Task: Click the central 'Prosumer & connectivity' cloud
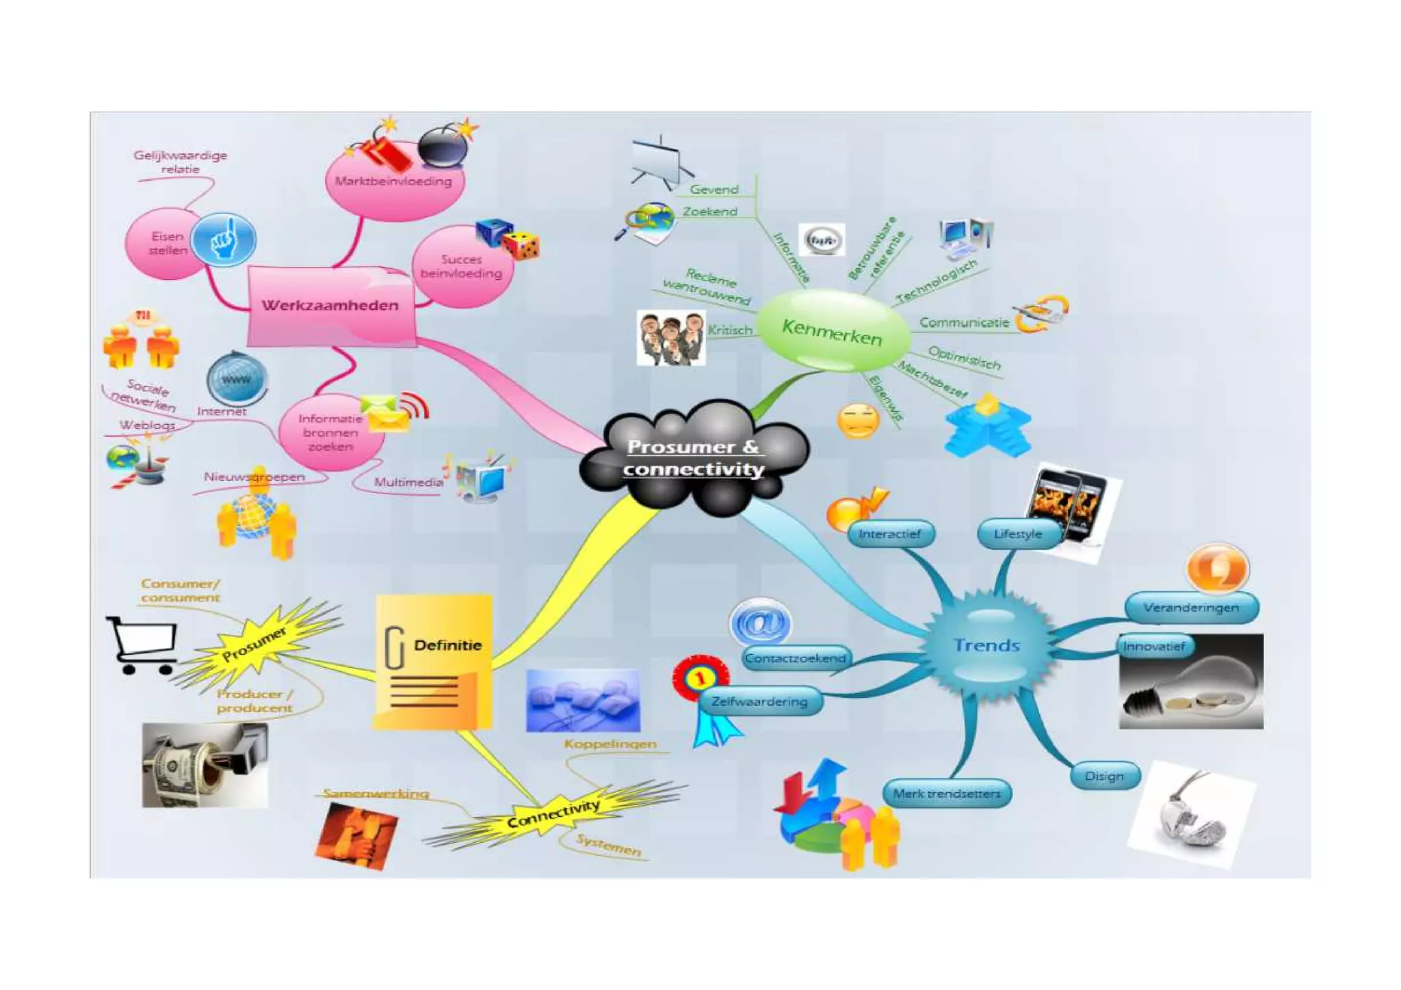click(x=694, y=457)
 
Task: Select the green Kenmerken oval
click(x=832, y=332)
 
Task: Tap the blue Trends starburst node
click(x=986, y=645)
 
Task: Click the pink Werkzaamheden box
click(x=331, y=306)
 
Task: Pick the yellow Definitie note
click(x=434, y=661)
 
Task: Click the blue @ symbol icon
click(x=760, y=623)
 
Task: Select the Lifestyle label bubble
click(x=1018, y=534)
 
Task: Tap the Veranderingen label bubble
click(x=1191, y=608)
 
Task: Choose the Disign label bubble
click(x=1104, y=776)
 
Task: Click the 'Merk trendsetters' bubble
click(x=947, y=794)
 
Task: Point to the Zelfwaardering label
click(x=759, y=701)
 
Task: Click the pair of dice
click(x=508, y=239)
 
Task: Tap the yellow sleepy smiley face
click(x=858, y=421)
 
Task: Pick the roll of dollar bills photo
click(x=204, y=765)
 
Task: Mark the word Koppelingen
click(x=610, y=744)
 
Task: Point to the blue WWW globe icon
click(x=236, y=379)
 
